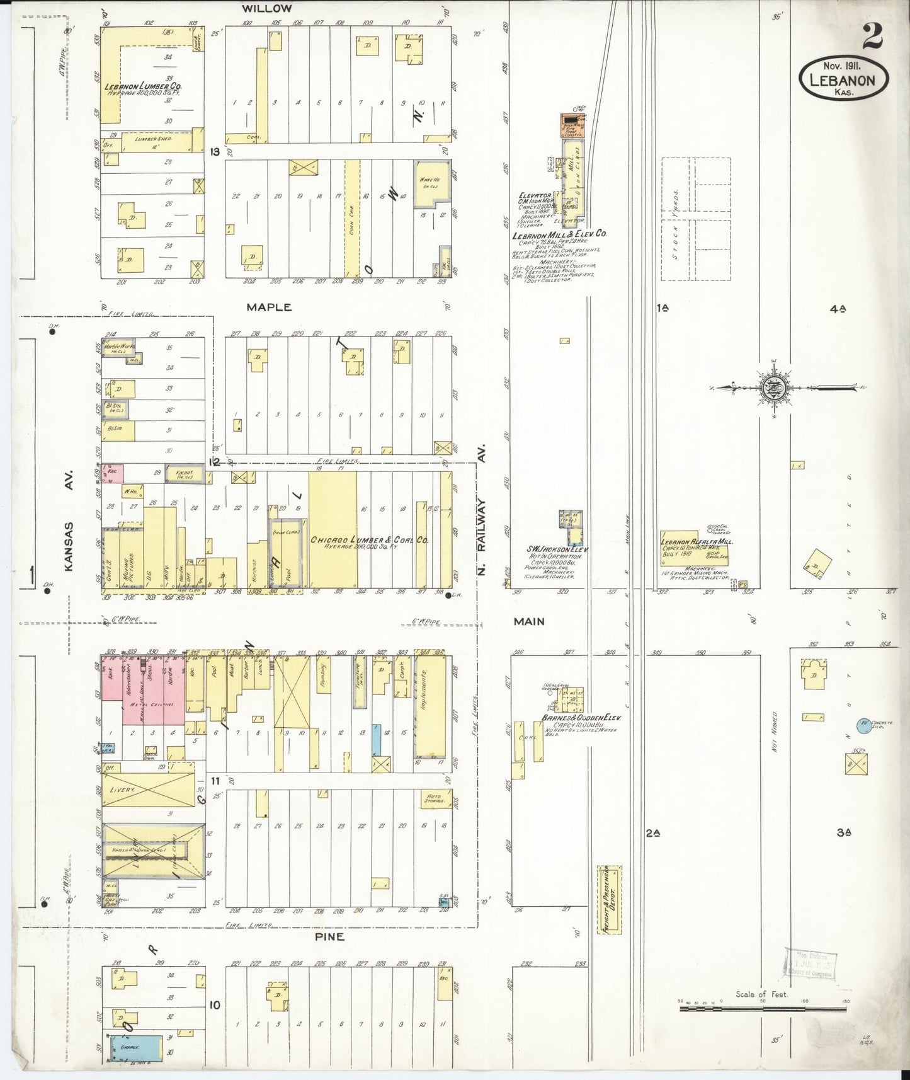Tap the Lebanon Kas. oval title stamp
pos(844,79)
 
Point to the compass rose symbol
pos(771,388)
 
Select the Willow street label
pos(269,8)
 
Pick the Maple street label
pos(269,307)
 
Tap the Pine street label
pos(329,937)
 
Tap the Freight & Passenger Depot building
pos(609,899)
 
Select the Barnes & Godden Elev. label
pos(581,718)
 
